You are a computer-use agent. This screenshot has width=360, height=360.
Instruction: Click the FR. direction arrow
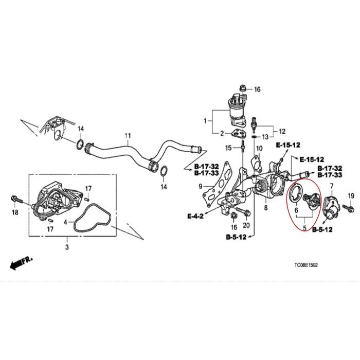(21, 263)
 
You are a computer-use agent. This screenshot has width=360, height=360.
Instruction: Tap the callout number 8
(266, 208)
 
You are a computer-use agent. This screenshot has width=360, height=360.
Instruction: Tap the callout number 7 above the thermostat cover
(332, 185)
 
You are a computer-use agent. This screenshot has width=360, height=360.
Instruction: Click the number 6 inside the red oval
(297, 210)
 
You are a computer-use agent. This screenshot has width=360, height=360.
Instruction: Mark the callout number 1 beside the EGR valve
(205, 121)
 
